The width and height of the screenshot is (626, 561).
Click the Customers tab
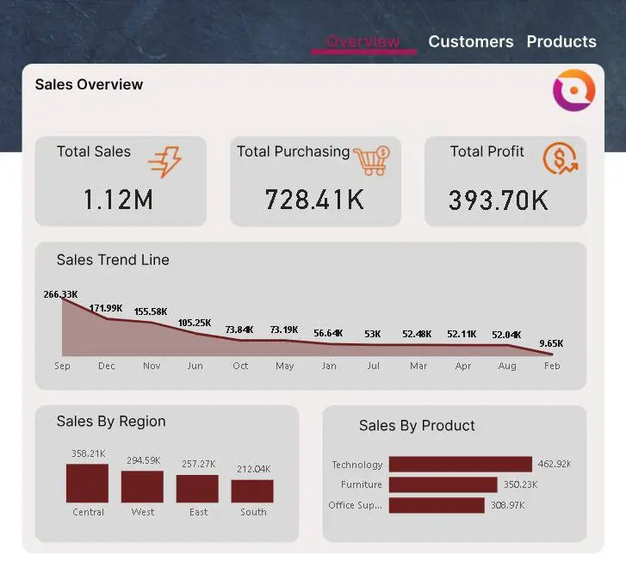470,41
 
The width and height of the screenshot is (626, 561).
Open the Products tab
561,41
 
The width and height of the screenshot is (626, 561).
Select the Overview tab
363,41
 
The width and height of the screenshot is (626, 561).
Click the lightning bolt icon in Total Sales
164,161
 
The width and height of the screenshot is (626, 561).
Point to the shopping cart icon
371,160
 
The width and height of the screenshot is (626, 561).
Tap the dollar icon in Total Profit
560,158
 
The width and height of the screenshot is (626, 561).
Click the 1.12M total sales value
118,200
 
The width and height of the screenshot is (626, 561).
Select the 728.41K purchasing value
314,200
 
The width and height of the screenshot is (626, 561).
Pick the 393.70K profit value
498,200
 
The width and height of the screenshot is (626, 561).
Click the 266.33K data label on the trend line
61,294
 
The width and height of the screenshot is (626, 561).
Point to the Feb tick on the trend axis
552,366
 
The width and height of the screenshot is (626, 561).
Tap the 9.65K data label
551,343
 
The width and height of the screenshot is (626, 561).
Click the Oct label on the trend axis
240,366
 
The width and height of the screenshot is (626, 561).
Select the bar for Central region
87,484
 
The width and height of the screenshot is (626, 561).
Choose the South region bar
252,491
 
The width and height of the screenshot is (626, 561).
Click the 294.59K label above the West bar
143,460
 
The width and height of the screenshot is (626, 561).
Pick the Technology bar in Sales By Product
460,465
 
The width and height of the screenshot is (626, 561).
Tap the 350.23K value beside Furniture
521,484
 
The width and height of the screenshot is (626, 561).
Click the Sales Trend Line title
113,260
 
